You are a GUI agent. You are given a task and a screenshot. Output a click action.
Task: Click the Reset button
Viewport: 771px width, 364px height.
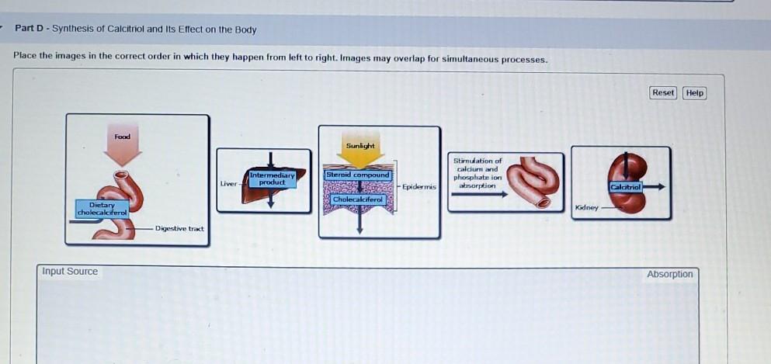(x=663, y=93)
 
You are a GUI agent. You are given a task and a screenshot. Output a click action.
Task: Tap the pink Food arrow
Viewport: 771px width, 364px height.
(x=123, y=147)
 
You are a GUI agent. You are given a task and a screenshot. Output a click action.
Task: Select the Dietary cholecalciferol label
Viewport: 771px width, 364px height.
(x=102, y=209)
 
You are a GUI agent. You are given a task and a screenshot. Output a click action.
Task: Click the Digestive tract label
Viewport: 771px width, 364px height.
(x=179, y=228)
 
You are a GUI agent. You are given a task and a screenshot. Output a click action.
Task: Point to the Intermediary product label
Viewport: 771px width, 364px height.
(x=272, y=179)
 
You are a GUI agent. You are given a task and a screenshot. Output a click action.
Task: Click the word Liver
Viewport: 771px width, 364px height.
(x=228, y=184)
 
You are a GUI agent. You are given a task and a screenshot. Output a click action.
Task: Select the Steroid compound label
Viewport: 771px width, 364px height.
(x=357, y=175)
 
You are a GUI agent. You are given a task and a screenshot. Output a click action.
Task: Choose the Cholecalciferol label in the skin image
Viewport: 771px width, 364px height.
(x=358, y=199)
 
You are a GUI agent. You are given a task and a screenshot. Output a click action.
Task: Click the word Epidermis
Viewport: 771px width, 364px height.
(x=419, y=187)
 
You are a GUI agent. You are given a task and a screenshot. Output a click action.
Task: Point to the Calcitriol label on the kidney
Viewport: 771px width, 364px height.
(x=626, y=187)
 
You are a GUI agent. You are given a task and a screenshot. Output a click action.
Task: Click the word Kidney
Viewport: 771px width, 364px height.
(x=587, y=208)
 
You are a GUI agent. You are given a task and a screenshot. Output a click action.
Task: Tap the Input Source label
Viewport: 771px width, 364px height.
(x=70, y=272)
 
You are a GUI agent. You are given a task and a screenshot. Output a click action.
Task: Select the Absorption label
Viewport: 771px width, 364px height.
(x=670, y=274)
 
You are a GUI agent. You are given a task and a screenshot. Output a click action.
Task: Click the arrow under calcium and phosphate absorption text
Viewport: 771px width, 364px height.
(x=479, y=195)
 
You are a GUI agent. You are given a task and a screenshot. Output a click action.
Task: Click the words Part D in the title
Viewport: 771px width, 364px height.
(x=30, y=29)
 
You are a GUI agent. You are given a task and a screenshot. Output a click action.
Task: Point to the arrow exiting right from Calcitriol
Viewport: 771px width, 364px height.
(x=654, y=187)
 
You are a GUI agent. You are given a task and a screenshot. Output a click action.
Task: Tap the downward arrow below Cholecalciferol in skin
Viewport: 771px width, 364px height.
(x=359, y=219)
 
